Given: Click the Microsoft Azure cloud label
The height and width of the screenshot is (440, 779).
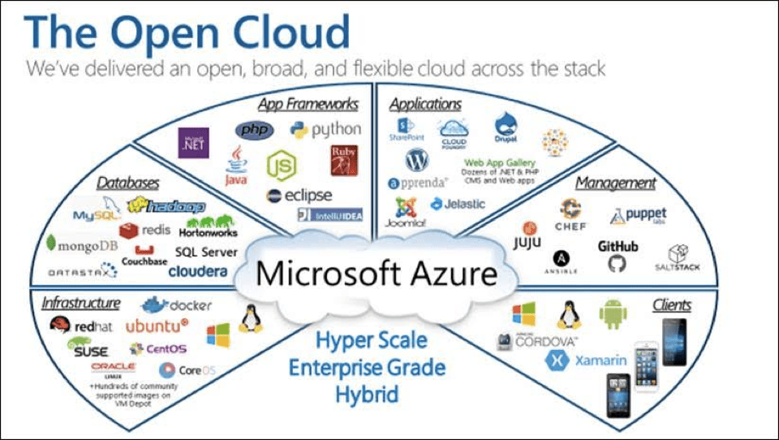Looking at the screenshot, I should (x=376, y=273).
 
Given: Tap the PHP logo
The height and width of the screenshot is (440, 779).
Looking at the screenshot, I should (x=254, y=130).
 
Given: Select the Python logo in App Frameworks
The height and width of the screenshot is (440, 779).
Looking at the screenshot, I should (x=325, y=129).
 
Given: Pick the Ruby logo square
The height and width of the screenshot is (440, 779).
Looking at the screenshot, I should (x=343, y=159).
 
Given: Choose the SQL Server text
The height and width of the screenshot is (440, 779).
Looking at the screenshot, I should (x=206, y=252).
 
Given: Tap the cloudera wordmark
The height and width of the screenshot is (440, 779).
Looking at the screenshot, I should (x=198, y=272).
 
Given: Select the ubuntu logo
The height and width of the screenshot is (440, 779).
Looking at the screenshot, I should (x=157, y=326).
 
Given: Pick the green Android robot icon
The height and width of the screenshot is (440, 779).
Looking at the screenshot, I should (x=613, y=314).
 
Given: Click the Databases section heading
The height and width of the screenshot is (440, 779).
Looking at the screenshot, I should (x=128, y=183).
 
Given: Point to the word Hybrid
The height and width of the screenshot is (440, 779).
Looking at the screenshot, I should (x=368, y=395).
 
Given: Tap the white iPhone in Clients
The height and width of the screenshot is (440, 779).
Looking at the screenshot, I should (x=646, y=364).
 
